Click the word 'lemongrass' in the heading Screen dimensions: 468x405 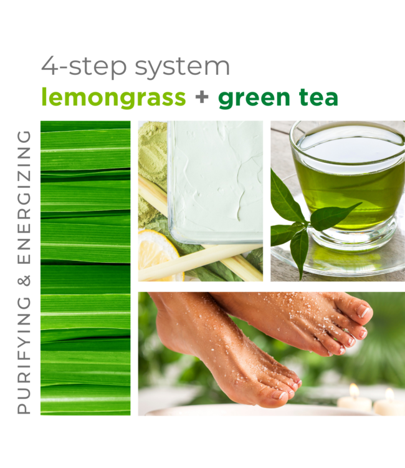[x=113, y=98]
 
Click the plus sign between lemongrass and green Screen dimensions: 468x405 [x=202, y=98]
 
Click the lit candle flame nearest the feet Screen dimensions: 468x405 [x=354, y=391]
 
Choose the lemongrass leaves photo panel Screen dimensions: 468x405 [x=85, y=268]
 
